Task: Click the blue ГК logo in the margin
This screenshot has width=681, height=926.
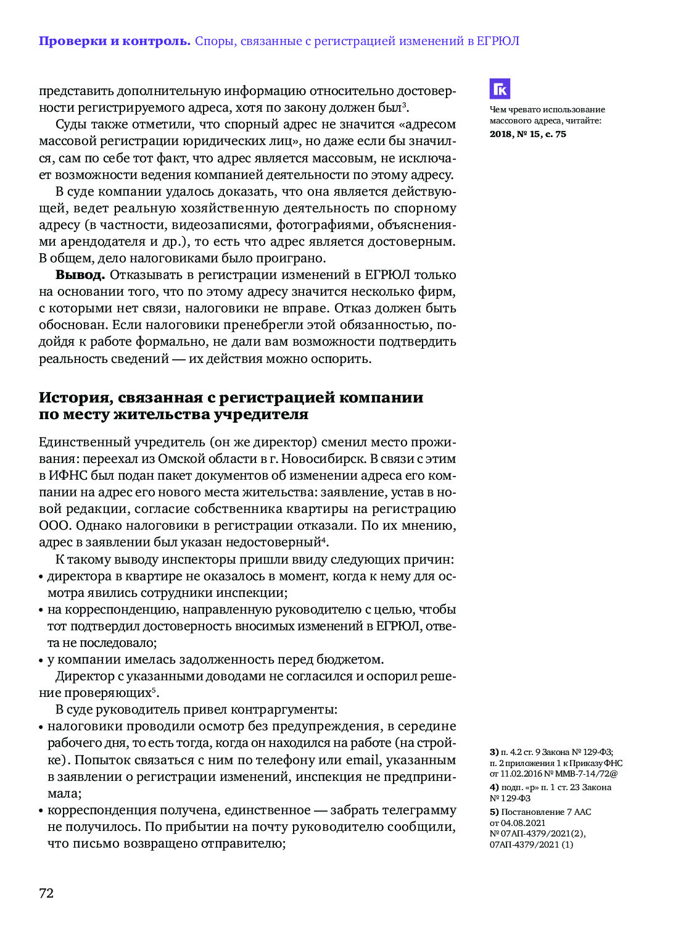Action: (x=500, y=89)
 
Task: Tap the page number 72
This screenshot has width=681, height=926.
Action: (x=46, y=893)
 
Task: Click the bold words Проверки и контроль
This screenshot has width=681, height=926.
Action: (x=114, y=41)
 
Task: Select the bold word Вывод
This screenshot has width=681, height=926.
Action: (x=80, y=275)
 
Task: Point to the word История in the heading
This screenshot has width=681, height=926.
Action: (x=75, y=398)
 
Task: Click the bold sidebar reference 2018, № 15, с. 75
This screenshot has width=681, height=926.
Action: (x=527, y=134)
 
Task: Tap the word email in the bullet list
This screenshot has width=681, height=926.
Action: (x=363, y=760)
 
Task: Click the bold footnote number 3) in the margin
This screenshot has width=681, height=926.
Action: (x=494, y=752)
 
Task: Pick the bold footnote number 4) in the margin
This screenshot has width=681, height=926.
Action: (x=494, y=787)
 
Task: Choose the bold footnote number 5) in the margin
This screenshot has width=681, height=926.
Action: (x=494, y=812)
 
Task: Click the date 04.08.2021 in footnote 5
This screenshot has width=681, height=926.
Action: (x=522, y=823)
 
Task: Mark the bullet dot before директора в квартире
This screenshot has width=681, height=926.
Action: (x=41, y=577)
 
